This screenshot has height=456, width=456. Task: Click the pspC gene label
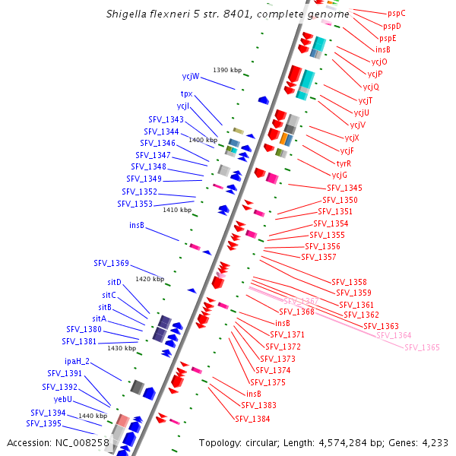point(396,13)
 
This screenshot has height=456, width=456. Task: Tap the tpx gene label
point(186,93)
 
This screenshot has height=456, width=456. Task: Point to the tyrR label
point(344,163)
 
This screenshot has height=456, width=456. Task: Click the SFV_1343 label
point(165,119)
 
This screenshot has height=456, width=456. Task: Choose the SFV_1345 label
point(344,188)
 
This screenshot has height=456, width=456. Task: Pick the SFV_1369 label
point(112,263)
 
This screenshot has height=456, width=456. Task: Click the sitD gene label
point(114,282)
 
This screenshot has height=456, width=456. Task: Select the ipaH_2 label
point(77,361)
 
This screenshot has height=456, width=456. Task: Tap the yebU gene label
point(63,399)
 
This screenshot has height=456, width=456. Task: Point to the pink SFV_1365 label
point(422,347)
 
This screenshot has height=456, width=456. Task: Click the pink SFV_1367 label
point(300,302)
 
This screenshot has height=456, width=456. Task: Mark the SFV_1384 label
point(252,419)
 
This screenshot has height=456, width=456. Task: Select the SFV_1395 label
point(44,423)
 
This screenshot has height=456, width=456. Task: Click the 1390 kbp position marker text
point(227,70)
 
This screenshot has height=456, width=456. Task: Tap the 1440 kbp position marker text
point(93,416)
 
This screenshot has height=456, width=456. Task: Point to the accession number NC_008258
point(84,442)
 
